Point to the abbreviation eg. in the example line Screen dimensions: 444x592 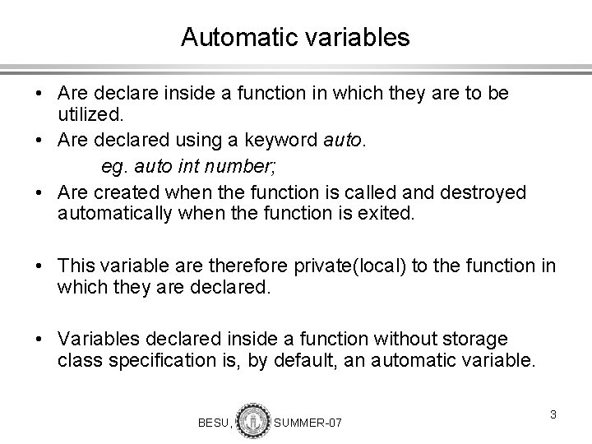click(x=113, y=169)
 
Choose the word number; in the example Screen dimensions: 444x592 click(x=240, y=169)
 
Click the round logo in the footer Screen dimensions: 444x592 click(x=252, y=419)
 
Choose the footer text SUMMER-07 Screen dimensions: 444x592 click(x=307, y=422)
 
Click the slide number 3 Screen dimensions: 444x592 click(x=554, y=414)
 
